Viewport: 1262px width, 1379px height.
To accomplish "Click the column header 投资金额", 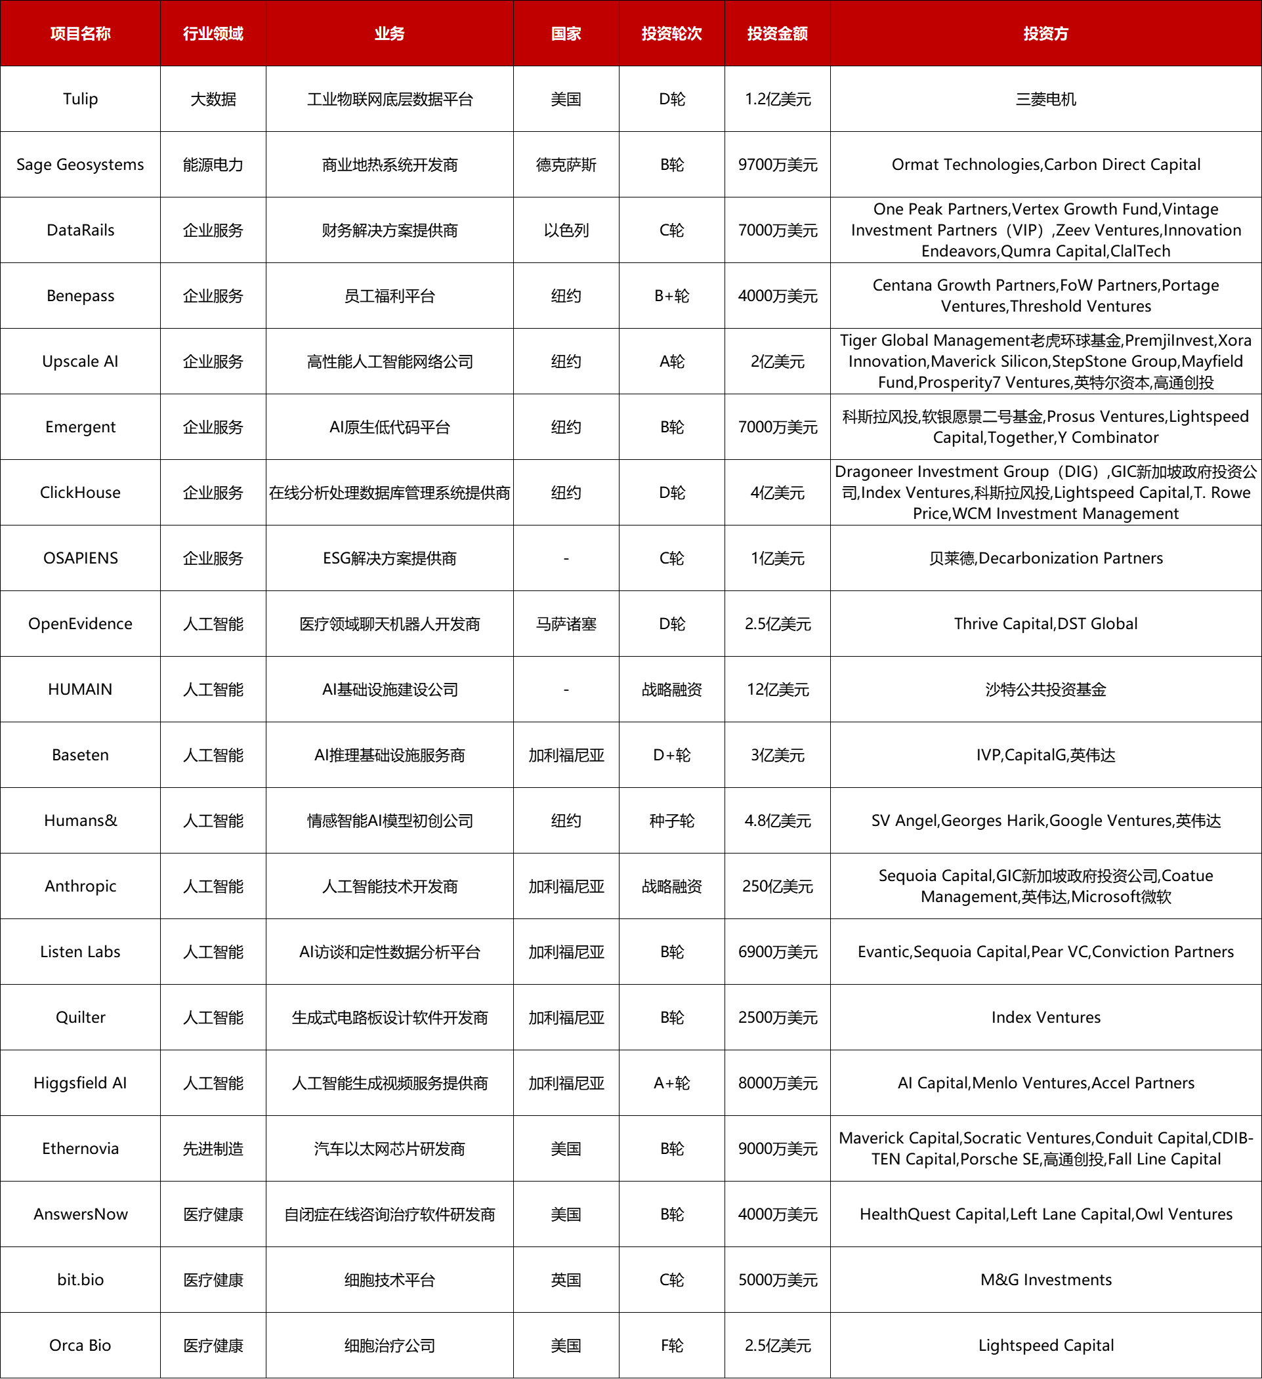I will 777,33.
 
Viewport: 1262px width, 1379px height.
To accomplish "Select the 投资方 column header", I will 1045,33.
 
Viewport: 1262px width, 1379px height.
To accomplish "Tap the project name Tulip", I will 80,99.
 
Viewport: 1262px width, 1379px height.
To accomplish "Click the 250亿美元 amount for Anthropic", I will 777,886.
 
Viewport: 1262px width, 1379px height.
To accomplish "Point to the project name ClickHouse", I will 80,493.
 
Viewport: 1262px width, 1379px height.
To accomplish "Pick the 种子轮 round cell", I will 671,821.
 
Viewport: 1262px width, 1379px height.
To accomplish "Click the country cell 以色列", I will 566,230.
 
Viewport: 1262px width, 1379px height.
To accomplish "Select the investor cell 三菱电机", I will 1045,99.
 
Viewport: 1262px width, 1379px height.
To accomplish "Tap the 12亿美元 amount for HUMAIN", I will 777,689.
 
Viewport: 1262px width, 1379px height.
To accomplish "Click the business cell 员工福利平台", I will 389,296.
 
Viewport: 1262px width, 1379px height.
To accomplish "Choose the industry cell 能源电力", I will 213,165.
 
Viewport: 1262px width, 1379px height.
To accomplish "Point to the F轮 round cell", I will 671,1346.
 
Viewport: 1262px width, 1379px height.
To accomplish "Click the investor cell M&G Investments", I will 1045,1280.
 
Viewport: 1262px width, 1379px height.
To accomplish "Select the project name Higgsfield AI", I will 80,1083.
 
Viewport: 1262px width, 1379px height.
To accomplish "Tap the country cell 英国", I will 566,1280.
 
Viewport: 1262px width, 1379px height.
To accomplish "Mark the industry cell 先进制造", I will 213,1149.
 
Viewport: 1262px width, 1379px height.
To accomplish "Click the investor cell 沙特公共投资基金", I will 1045,689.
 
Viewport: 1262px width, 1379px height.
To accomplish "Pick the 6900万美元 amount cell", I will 777,952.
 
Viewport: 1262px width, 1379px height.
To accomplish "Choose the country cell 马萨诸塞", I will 566,624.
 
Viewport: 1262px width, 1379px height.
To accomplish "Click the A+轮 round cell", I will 671,1083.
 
